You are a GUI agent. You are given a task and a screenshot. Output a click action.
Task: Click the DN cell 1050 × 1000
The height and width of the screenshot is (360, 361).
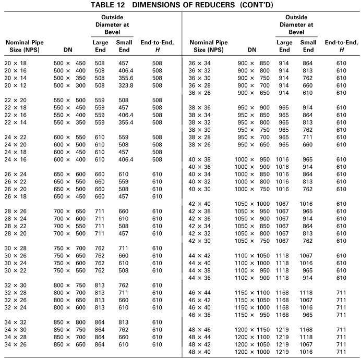click(252, 204)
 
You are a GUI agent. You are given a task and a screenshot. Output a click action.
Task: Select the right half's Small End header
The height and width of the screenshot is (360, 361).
click(308, 46)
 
